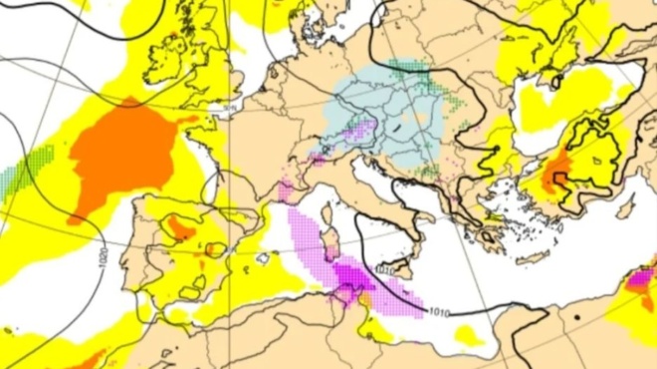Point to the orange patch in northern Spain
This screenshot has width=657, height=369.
coord(180,228)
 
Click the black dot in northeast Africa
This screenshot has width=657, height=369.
coord(576,316)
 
